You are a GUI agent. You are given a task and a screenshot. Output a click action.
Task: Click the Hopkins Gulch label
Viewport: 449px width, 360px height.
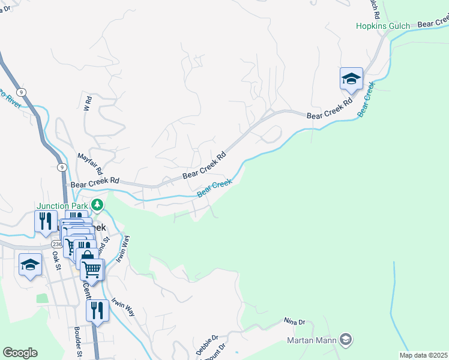point(382,26)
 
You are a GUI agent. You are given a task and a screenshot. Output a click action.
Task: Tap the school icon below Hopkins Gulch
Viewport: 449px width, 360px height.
point(351,79)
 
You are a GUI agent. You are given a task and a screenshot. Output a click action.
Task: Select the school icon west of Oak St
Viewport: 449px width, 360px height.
point(30,265)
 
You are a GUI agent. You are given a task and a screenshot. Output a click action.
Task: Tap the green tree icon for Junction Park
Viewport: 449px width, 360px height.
point(97,205)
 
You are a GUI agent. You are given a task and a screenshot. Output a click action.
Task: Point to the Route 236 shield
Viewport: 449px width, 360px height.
point(56,245)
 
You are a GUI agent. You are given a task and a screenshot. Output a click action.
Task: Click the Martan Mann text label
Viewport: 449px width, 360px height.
point(311,341)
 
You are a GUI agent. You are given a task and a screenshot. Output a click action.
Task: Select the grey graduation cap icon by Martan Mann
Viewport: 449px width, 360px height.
point(345,340)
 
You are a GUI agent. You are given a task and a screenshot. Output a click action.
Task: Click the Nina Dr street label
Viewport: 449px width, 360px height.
point(295,322)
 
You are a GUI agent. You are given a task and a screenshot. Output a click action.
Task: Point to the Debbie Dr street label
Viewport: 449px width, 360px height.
point(207,345)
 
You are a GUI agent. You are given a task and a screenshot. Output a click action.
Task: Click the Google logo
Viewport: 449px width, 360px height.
point(20,353)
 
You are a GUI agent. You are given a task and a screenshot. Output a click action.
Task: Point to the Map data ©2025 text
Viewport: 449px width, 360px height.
point(423,355)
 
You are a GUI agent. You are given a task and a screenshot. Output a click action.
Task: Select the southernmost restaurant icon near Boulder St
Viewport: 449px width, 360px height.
point(97,310)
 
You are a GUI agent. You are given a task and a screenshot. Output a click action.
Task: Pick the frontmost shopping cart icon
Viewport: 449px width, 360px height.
point(92,269)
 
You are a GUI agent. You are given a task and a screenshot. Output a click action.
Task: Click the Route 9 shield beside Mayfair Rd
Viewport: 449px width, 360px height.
point(62,167)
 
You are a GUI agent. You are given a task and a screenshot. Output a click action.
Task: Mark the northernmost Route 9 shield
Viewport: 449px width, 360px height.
point(21,92)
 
